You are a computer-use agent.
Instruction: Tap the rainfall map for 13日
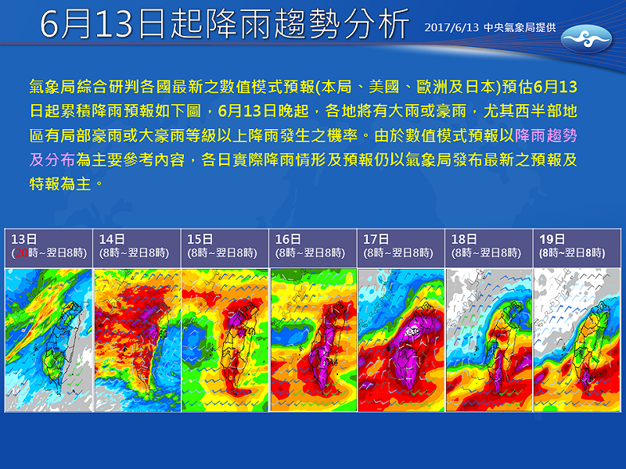[x=48, y=339]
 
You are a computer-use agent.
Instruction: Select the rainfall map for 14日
[x=136, y=339]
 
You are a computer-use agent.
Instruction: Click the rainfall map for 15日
[x=225, y=339]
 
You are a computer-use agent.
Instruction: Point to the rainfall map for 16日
[x=313, y=339]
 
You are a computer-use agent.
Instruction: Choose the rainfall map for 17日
[x=401, y=339]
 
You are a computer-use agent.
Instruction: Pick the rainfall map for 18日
[x=489, y=339]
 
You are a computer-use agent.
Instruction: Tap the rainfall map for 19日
[x=577, y=339]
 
